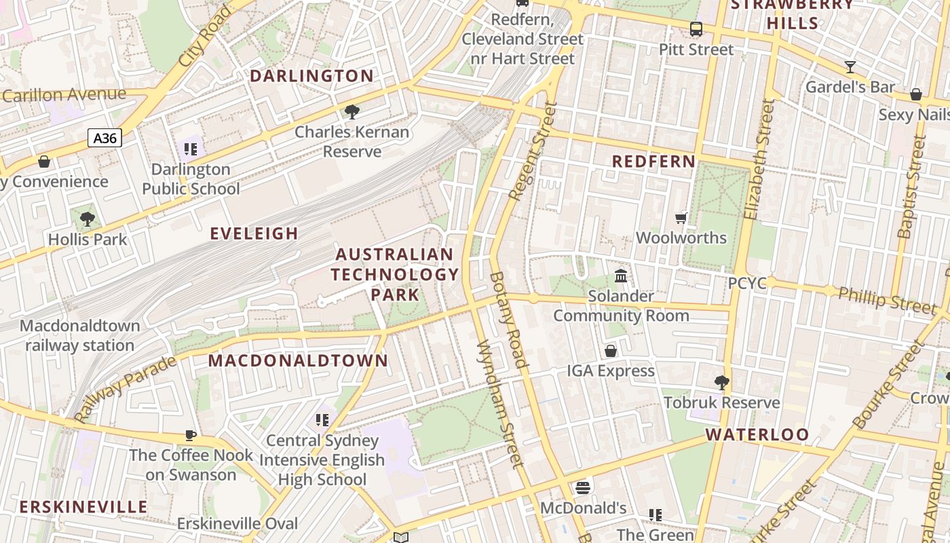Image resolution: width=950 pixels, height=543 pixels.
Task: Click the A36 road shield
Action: click(104, 138)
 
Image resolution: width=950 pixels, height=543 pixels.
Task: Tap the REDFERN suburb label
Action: click(653, 162)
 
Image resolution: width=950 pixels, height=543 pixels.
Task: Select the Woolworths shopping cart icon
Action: click(681, 218)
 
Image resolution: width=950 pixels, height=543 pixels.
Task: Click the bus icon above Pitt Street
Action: click(696, 29)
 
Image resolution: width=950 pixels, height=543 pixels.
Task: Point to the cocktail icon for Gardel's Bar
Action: click(850, 67)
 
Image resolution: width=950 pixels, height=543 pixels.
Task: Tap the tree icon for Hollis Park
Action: click(87, 219)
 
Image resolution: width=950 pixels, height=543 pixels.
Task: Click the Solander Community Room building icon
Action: click(621, 276)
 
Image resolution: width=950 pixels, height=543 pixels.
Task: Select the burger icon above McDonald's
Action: click(582, 487)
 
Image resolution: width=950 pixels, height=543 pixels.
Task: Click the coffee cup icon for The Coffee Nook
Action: click(191, 435)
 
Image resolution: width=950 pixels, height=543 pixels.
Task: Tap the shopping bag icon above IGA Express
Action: click(611, 350)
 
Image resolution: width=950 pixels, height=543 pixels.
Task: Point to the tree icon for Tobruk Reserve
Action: click(722, 382)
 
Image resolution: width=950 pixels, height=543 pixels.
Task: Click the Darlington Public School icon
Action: click(191, 149)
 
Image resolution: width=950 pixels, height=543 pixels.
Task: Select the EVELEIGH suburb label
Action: click(254, 233)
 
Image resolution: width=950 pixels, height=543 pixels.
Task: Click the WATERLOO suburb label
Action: click(757, 434)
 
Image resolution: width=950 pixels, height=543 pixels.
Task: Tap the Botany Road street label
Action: click(508, 319)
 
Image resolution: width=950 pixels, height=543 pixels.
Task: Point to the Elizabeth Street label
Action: click(759, 160)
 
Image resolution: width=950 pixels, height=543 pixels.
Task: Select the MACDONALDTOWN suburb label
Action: click(298, 360)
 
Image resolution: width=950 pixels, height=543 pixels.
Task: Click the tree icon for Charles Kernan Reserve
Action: click(351, 111)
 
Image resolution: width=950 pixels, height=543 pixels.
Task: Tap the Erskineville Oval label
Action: click(237, 523)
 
